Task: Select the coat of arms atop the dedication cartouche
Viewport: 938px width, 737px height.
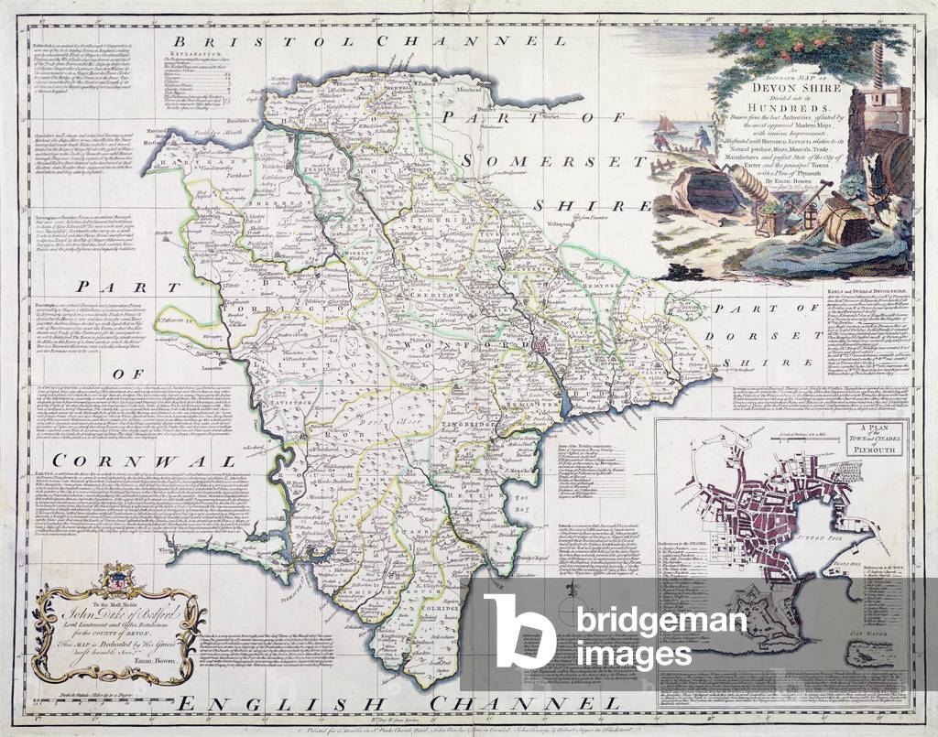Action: tap(115, 580)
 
